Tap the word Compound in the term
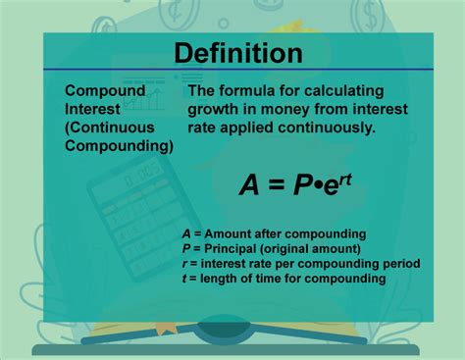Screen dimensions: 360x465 coord(105,90)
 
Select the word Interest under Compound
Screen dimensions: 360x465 coord(94,109)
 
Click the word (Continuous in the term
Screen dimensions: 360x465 coord(113,128)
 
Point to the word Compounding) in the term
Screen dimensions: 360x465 coord(119,146)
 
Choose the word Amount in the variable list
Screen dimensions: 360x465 coord(229,233)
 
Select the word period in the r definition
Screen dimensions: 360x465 coord(400,264)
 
